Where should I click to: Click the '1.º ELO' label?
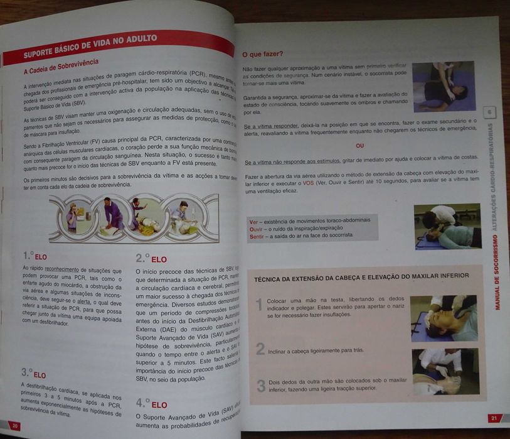coord(35,256)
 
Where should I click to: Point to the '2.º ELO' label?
coord(151,258)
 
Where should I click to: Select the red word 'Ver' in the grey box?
coord(254,221)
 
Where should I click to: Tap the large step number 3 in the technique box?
coord(260,385)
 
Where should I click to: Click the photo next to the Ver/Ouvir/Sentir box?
coord(447,227)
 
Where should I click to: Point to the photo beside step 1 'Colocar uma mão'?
coord(444,318)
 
